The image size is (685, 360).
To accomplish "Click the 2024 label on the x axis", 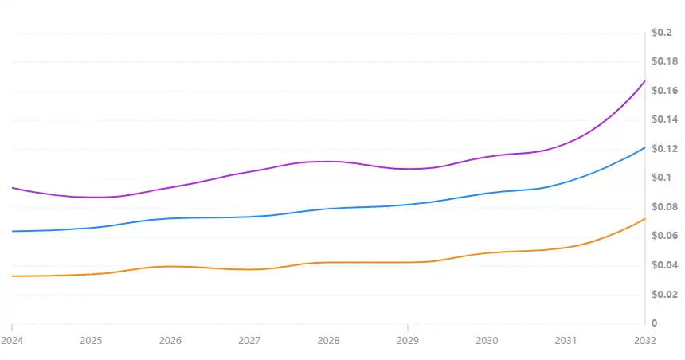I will pos(12,340).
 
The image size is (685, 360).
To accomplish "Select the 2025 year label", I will pos(92,340).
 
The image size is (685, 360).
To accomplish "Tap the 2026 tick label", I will pos(170,340).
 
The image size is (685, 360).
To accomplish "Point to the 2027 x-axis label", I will pos(249,340).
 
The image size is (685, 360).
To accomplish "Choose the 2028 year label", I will pos(328,340).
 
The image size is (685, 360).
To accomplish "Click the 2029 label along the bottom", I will pos(408,340).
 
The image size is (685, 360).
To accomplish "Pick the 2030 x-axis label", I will pos(487,340).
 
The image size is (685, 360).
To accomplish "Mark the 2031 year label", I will pos(566,340).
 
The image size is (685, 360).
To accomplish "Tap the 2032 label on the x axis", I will pos(644,340).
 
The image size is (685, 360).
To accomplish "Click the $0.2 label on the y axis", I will pos(661,33).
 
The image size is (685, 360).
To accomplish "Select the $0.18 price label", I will pos(664,61).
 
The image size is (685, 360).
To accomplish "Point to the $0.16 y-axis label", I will pos(664,91).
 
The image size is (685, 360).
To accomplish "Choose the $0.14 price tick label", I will pos(664,119).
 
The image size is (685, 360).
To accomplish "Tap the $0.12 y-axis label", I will pos(664,149).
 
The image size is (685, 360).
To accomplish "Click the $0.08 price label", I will pos(664,207).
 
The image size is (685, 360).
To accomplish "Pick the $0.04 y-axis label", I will pos(664,265).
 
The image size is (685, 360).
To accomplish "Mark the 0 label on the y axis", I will pos(655,323).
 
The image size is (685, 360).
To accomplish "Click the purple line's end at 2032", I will pos(644,81).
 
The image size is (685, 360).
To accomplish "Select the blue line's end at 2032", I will pos(644,147).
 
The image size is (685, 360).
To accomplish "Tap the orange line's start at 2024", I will pos(13,276).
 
